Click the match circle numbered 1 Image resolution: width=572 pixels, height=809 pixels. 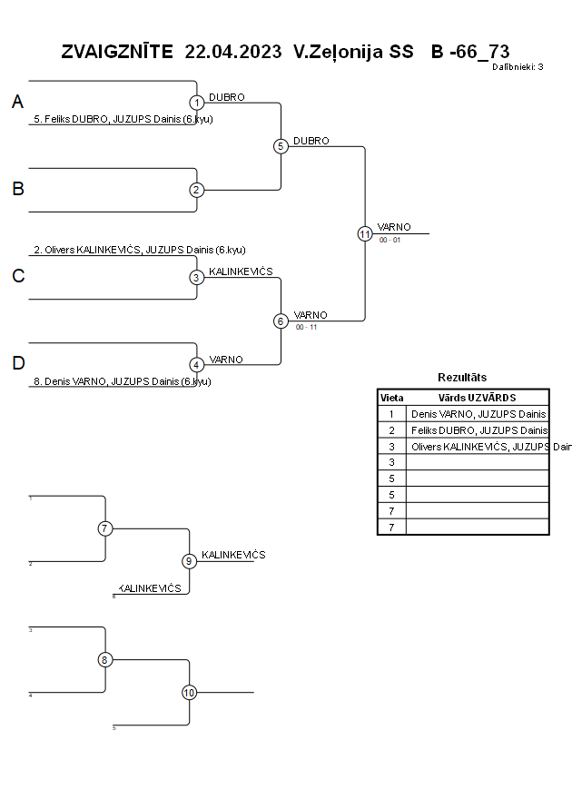click(x=197, y=103)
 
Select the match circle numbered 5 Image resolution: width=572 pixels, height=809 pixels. click(x=281, y=146)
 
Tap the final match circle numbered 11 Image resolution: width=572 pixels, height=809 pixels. click(x=365, y=233)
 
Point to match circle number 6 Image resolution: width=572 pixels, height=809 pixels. click(x=281, y=321)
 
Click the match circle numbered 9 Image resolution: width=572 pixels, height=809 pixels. click(x=189, y=561)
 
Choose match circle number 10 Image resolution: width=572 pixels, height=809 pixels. click(x=189, y=693)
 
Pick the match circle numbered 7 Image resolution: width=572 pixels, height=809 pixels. click(x=105, y=528)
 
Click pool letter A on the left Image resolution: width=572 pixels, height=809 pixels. click(x=17, y=103)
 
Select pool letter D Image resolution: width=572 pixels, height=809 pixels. click(x=17, y=364)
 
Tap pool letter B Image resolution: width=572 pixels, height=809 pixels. click(x=17, y=190)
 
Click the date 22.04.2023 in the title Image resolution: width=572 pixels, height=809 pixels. click(x=233, y=52)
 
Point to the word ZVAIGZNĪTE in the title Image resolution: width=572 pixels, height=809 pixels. click(x=117, y=52)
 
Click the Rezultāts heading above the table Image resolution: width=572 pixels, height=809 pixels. click(x=462, y=377)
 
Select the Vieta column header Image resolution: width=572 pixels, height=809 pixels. click(x=391, y=398)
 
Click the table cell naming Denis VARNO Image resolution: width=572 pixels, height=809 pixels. click(x=478, y=414)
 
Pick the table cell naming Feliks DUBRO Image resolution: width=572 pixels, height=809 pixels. click(x=478, y=430)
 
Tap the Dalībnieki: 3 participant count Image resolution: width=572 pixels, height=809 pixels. click(x=518, y=66)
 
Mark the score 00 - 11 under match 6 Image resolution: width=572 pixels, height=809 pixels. click(x=306, y=327)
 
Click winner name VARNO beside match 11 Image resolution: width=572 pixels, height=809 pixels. click(x=394, y=227)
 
